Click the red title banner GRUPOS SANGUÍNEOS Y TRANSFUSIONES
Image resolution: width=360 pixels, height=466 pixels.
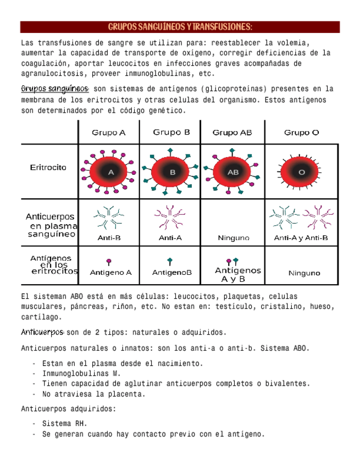[x=180, y=27]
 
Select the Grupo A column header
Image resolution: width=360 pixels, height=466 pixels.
[x=108, y=132]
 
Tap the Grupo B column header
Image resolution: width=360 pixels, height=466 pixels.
[x=171, y=132]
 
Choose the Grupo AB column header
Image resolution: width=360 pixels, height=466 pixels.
[x=232, y=132]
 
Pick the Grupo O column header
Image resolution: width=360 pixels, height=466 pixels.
[x=301, y=132]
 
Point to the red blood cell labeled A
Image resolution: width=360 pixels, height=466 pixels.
[x=110, y=172]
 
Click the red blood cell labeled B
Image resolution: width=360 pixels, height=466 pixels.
[x=172, y=172]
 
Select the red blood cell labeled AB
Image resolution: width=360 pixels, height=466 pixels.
[x=233, y=172]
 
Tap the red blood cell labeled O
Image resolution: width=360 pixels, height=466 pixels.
[x=301, y=172]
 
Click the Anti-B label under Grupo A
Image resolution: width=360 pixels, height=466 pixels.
[x=109, y=238]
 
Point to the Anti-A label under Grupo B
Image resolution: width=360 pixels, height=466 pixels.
[x=170, y=238]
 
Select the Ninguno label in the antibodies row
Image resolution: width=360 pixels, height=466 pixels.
[x=233, y=238]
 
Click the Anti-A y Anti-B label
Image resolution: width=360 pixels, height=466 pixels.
[x=301, y=238]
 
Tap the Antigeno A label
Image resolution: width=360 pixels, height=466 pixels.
[x=110, y=272]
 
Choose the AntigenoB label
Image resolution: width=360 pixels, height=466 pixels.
[x=171, y=272]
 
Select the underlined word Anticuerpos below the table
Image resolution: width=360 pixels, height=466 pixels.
[x=42, y=332]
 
